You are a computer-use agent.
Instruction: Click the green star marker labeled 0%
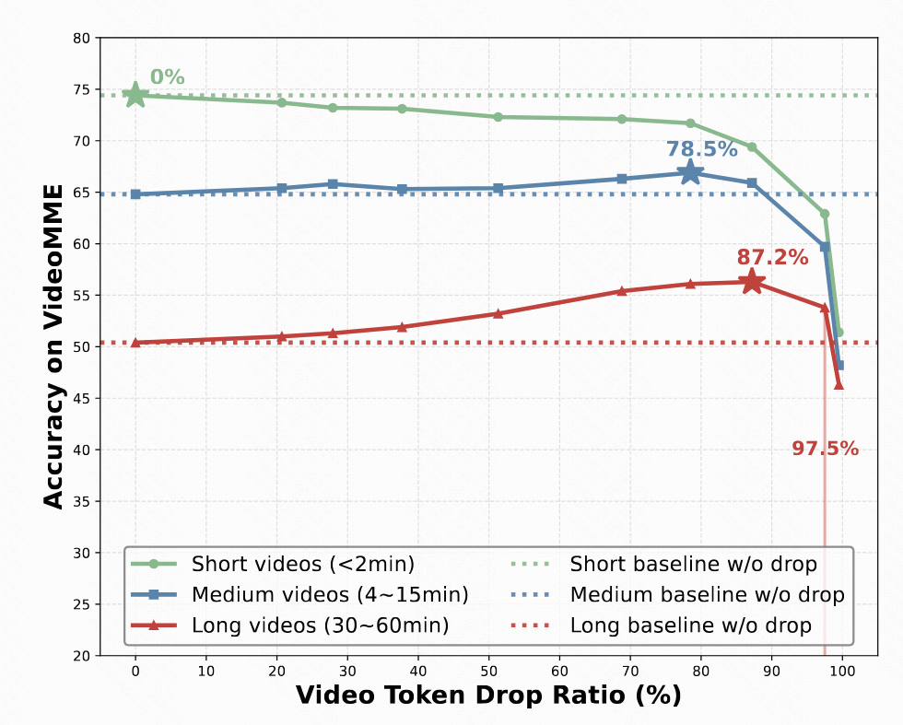coord(135,94)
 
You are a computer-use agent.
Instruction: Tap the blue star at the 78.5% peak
coord(690,172)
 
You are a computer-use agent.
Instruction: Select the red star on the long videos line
coord(752,282)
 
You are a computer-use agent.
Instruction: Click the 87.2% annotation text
coord(772,258)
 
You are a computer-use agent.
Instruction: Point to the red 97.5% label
coord(825,449)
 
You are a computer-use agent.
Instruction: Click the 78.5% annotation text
coord(702,149)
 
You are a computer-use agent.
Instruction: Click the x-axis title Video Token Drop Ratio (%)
coord(488,695)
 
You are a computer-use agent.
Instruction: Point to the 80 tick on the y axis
coord(81,39)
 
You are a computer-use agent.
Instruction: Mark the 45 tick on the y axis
coord(81,399)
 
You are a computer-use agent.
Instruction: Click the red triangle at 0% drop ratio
coord(135,342)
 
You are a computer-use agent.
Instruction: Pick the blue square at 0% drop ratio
coord(135,194)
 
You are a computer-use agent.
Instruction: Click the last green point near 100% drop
coord(838,332)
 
